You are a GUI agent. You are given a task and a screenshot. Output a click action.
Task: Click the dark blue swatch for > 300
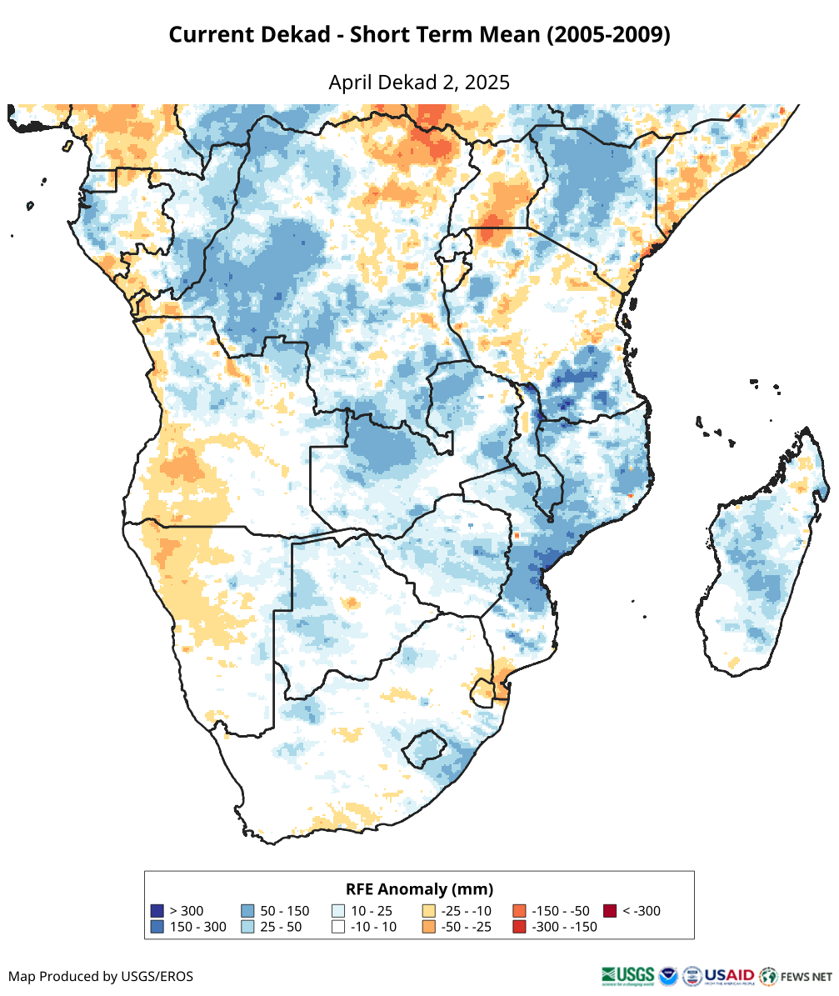coord(157,911)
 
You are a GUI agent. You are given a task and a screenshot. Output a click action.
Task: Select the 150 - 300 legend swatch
coord(157,927)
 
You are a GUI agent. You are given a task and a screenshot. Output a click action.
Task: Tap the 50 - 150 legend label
coord(284,911)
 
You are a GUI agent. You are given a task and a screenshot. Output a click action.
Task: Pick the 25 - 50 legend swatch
coord(247,927)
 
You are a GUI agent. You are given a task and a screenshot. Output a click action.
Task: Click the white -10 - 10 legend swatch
coord(338,927)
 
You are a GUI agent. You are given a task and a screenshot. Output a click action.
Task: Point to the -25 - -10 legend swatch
coord(429,911)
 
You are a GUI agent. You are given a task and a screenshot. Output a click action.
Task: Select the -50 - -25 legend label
coord(468,927)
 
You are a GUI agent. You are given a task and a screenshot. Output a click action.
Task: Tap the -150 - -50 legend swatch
coord(519,911)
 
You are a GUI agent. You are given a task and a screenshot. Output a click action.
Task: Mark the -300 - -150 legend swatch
coord(519,927)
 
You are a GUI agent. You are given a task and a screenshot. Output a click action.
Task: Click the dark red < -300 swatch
coord(610,911)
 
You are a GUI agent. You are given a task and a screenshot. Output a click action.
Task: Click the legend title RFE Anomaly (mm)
coord(419,888)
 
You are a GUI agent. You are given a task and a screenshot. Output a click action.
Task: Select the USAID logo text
coord(730,975)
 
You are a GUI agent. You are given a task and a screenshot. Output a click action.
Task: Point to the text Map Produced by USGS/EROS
coord(101,976)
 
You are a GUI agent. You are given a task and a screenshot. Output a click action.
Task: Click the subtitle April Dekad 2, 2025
coord(419,83)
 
